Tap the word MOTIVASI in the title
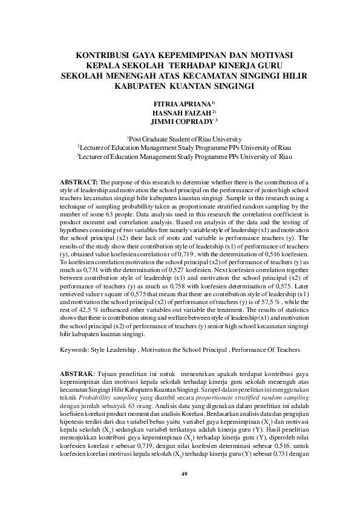coord(262,54)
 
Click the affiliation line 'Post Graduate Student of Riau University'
coord(184,139)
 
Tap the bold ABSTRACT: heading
coord(80,181)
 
